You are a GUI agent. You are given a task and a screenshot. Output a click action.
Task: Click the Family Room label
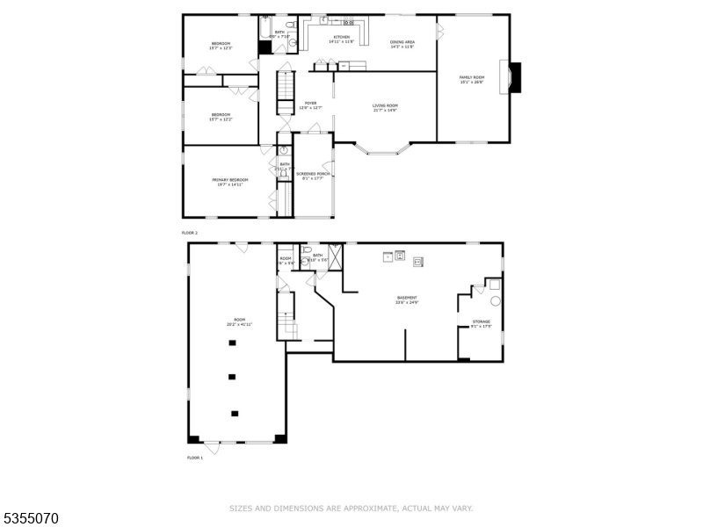[x=472, y=77]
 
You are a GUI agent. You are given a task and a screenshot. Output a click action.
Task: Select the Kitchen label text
[x=340, y=38]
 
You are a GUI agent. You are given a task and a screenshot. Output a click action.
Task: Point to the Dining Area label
[x=402, y=41]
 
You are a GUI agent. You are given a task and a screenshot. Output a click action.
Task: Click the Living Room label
[x=385, y=105]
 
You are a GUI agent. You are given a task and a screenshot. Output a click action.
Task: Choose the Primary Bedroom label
[x=227, y=179]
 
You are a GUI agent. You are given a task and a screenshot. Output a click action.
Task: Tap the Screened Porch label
[x=313, y=174]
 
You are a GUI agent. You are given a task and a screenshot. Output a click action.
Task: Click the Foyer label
[x=310, y=103]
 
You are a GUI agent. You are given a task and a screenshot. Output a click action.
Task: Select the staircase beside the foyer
[x=285, y=92]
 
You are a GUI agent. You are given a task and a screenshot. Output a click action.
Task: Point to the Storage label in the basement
[x=482, y=322]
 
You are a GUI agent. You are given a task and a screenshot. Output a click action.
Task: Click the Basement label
[x=406, y=298]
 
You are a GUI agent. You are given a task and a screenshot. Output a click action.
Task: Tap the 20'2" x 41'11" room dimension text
[x=239, y=325]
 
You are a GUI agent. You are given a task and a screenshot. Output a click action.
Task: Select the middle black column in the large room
[x=232, y=377]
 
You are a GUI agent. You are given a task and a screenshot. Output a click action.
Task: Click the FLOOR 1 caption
[x=194, y=458]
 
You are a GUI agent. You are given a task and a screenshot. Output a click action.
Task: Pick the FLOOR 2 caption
[x=190, y=232]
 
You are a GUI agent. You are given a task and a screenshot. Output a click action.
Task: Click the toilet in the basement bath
[x=305, y=260]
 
